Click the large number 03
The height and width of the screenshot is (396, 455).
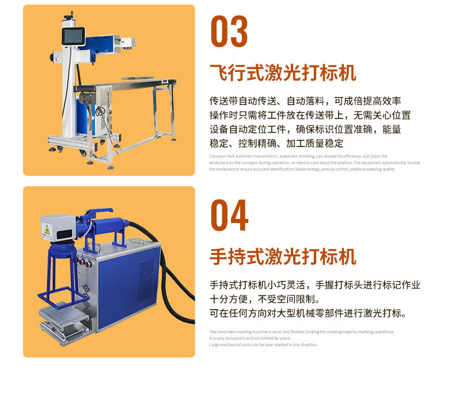(x=229, y=32)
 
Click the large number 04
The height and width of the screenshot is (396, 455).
(x=229, y=216)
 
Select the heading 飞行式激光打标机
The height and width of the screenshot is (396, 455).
(x=282, y=73)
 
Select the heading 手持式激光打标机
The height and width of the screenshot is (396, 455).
(x=282, y=257)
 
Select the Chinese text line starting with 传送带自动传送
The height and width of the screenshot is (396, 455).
(x=305, y=101)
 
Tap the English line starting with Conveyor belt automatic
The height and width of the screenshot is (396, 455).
(x=298, y=156)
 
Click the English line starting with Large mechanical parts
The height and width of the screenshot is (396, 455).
(x=263, y=345)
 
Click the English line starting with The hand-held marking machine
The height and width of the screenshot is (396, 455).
(x=301, y=332)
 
